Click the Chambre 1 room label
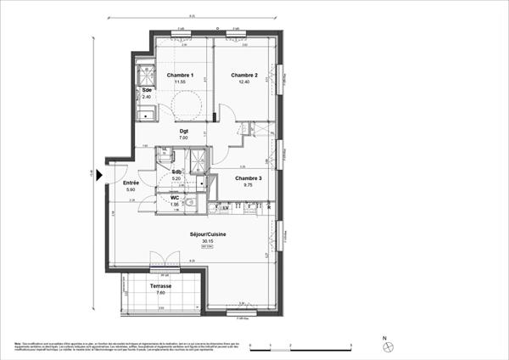(180, 76)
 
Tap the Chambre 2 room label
(245, 76)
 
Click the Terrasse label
(161, 286)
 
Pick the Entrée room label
(131, 183)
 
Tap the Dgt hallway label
(183, 132)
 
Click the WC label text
(175, 198)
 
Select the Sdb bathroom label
(176, 172)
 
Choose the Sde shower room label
(147, 90)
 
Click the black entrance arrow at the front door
(100, 176)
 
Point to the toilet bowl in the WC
(192, 203)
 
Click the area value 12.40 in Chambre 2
(245, 83)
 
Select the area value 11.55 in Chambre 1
(180, 82)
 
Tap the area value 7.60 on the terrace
(161, 293)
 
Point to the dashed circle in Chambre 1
(187, 104)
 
